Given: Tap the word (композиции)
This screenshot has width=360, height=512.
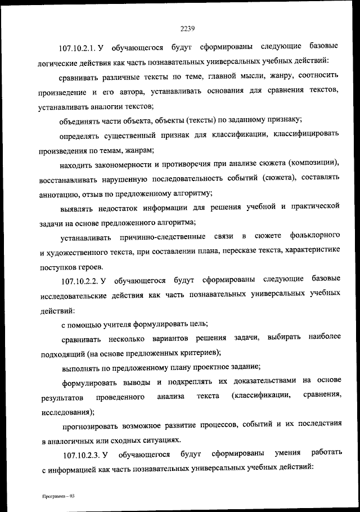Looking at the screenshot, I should tap(312, 164).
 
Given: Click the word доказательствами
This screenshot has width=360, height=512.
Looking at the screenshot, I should tap(262, 381).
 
